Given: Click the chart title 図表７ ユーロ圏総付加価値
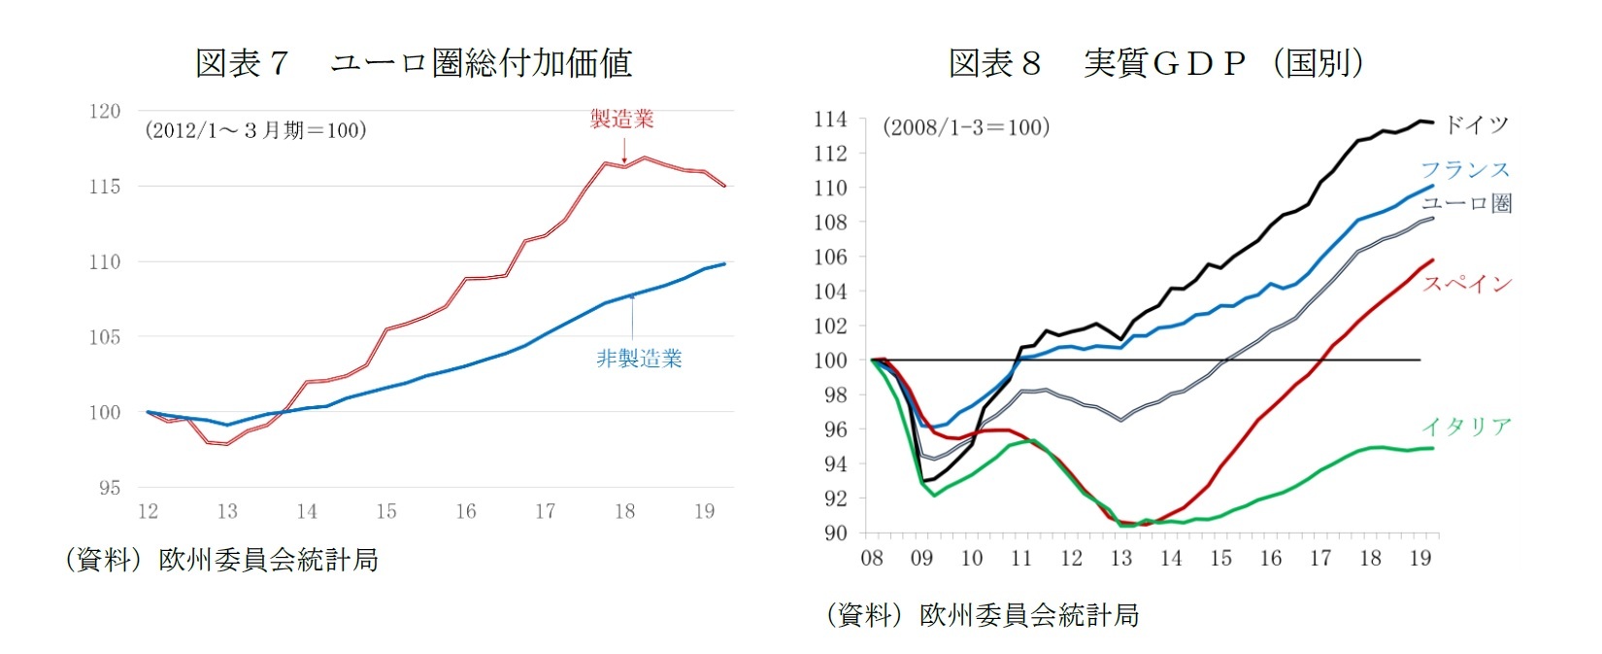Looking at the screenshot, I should click(414, 63).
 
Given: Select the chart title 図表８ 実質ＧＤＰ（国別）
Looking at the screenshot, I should click(1156, 63).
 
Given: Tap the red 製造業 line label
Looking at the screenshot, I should click(622, 120).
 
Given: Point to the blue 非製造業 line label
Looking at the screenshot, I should click(639, 359).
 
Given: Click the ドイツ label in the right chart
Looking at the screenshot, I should click(1476, 124).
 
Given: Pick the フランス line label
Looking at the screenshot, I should click(1465, 170).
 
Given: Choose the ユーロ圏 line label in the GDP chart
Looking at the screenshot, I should click(1466, 203).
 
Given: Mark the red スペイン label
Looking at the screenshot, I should click(1467, 284).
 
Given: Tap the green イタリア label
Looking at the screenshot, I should click(1466, 427).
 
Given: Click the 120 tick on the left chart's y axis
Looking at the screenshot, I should click(105, 112).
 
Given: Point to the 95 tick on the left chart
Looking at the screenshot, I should click(110, 488).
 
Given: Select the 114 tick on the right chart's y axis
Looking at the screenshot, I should click(830, 120).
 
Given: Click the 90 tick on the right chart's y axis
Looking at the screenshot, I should click(835, 533).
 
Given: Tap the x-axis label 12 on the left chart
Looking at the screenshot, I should click(148, 512).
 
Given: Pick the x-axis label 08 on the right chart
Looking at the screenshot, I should click(872, 559).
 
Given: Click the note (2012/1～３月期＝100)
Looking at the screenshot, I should click(255, 130).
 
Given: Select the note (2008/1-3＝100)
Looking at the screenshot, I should click(966, 127).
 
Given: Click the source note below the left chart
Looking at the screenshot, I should click(221, 560).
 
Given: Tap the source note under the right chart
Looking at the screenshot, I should click(982, 614).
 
